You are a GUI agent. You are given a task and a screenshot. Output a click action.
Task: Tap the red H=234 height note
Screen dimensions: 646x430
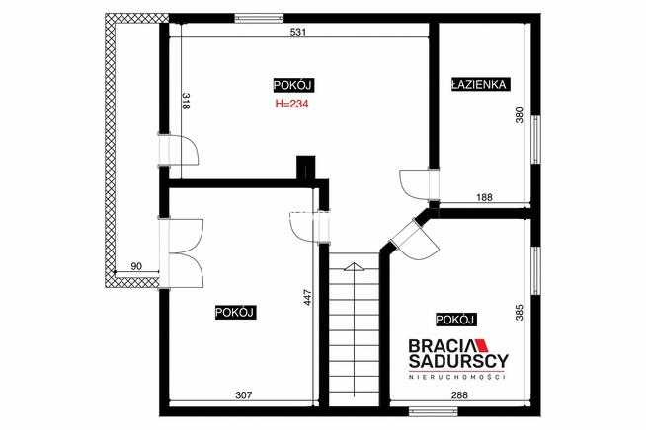tap(291, 104)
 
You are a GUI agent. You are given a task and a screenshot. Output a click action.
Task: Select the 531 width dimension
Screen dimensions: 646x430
tap(298, 32)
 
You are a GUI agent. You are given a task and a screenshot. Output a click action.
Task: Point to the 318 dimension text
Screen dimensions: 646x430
tap(186, 101)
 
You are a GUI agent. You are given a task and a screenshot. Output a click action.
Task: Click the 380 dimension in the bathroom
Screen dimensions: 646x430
tap(520, 114)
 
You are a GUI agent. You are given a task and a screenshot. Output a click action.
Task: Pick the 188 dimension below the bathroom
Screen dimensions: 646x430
tap(484, 197)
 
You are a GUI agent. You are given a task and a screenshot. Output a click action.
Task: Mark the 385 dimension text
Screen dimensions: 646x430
tap(520, 312)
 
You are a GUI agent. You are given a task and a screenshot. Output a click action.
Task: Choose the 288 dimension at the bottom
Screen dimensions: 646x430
tap(459, 395)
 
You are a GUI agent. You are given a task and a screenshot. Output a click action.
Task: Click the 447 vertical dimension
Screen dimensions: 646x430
tap(308, 298)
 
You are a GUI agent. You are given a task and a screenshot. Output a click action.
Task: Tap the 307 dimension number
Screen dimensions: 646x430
tap(244, 395)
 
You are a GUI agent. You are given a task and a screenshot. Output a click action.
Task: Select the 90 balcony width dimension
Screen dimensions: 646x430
tap(136, 266)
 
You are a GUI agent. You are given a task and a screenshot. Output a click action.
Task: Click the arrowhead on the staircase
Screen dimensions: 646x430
tap(354, 266)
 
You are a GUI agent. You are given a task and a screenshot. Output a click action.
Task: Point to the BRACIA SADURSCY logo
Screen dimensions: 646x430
tap(458, 353)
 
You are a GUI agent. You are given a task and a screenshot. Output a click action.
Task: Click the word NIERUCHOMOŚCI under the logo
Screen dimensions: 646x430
tap(457, 377)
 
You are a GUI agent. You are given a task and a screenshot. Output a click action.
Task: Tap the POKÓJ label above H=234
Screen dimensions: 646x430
tap(292, 85)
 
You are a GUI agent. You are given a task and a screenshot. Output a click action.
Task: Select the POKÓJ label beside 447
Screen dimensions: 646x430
tap(234, 313)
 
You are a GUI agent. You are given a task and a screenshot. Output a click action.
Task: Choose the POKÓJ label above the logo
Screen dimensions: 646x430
tap(454, 320)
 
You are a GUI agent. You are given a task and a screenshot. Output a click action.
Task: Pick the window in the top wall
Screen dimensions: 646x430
tap(259, 18)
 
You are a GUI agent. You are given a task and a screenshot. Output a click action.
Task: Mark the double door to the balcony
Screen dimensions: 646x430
tap(181, 253)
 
